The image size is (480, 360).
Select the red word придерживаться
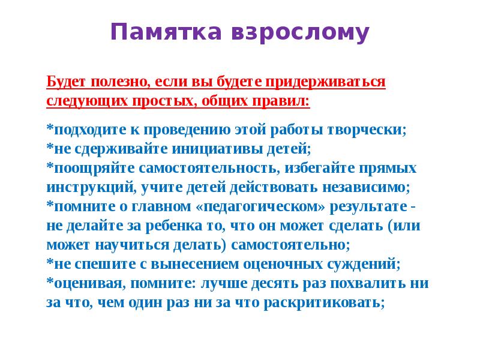click(334, 81)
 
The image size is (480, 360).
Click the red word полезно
click(112, 81)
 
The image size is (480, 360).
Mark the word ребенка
click(158, 226)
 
